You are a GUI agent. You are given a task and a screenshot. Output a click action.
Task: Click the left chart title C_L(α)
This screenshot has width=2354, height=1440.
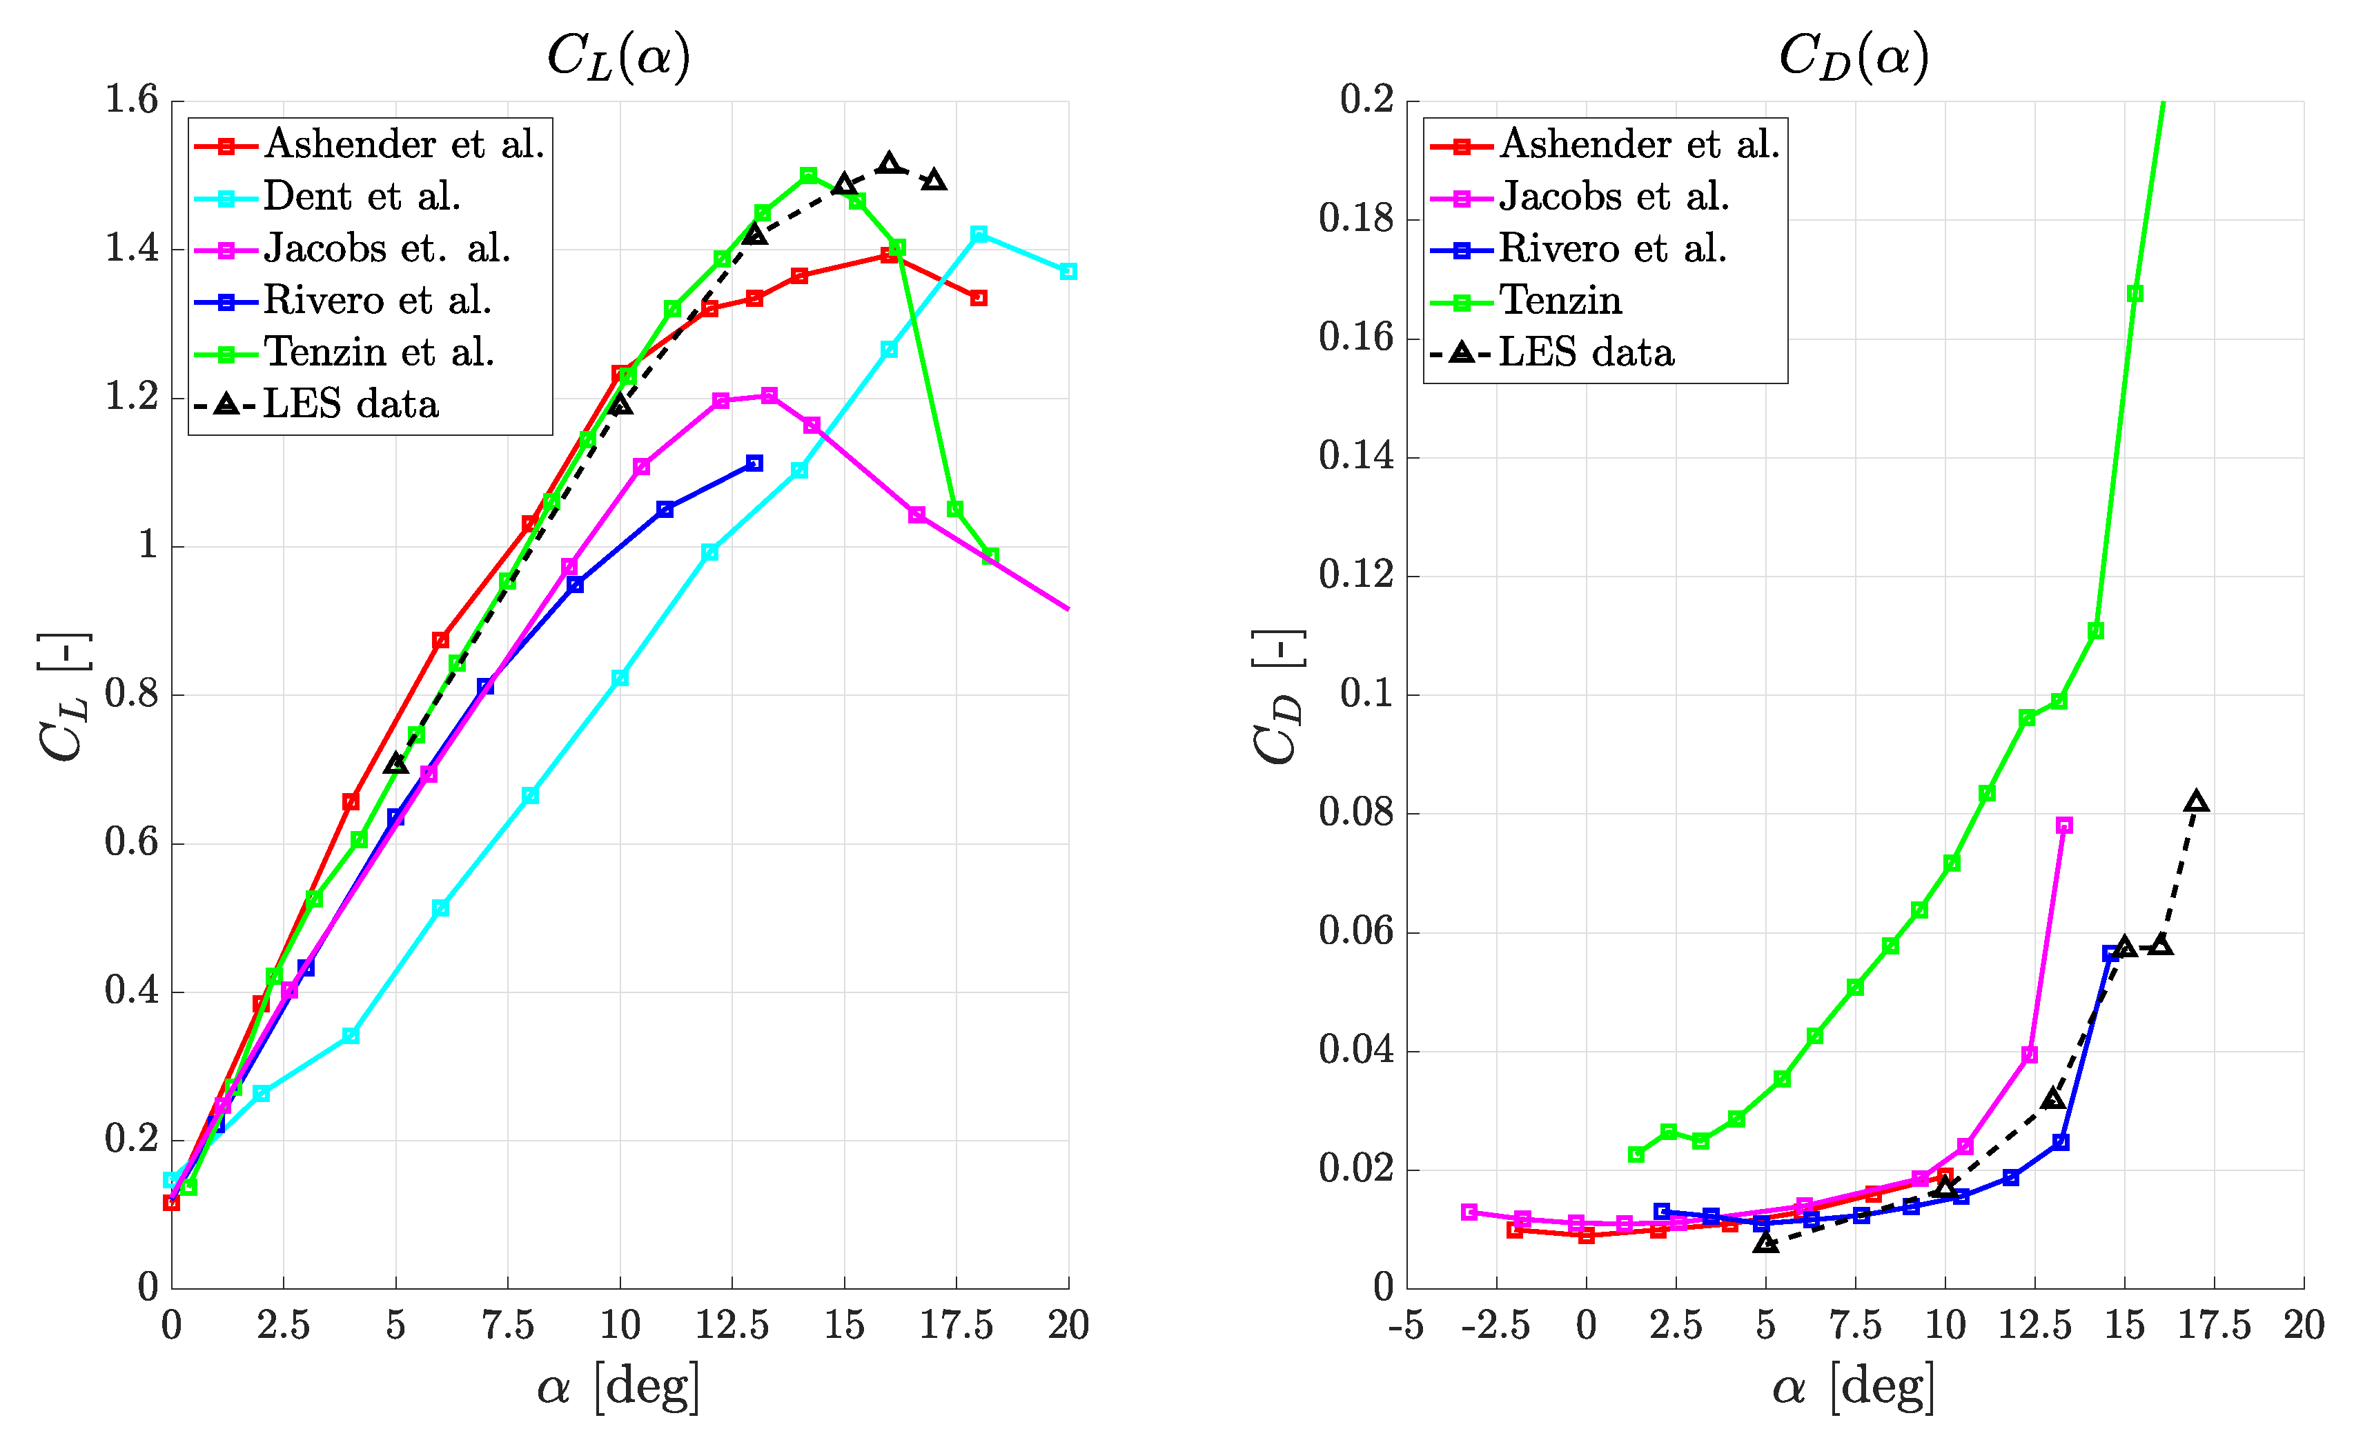click(618, 57)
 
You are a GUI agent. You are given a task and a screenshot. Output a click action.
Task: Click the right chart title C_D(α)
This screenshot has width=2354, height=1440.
click(1854, 57)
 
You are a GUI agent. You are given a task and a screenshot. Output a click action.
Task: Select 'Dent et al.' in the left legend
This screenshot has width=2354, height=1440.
click(361, 197)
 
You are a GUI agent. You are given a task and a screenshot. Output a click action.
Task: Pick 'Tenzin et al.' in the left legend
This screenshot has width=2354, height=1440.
click(378, 353)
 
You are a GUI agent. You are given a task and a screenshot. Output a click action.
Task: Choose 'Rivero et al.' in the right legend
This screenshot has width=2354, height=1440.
click(1613, 249)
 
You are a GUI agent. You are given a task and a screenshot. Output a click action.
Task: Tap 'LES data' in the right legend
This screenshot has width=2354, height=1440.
click(1586, 353)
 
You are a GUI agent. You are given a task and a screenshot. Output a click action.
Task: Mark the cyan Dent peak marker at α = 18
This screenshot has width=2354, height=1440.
click(979, 234)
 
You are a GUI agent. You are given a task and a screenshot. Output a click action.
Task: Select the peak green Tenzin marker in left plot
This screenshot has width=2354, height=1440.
click(808, 176)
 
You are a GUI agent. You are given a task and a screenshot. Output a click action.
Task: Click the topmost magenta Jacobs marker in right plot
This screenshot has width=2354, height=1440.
click(2063, 825)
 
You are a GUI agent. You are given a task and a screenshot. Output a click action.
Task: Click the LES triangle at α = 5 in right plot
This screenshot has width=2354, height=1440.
click(1765, 1242)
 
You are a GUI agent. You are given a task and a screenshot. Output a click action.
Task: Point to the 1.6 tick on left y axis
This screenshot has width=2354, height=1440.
click(131, 99)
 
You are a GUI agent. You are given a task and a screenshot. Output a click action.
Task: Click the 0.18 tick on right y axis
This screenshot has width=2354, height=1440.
click(1355, 219)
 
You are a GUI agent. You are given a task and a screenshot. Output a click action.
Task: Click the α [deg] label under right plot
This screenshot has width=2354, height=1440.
click(1854, 1386)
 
